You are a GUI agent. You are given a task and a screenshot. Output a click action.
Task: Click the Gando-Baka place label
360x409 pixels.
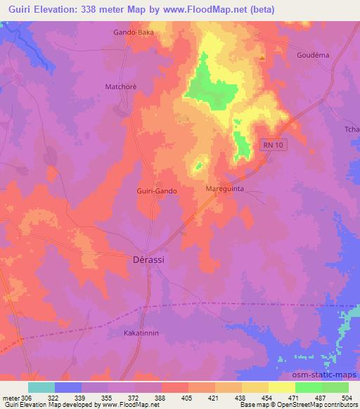tap(133, 32)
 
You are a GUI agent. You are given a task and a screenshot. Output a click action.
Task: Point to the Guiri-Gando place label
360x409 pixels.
tap(156, 190)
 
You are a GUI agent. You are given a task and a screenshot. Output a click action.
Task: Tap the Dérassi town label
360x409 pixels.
tap(148, 259)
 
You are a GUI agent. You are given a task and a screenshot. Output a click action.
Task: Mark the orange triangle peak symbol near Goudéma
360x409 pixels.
tap(262, 58)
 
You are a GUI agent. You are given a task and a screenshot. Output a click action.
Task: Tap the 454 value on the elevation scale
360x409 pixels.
tap(266, 398)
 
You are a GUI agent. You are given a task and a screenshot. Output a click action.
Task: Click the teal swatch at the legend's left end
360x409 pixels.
tap(41, 387)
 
